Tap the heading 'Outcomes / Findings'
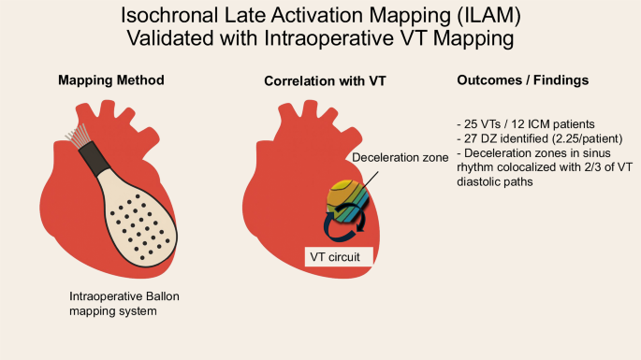(523, 81)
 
